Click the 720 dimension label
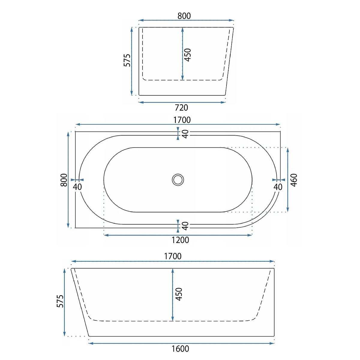coord(181,108)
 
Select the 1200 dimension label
coord(180,240)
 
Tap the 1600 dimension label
coord(180,349)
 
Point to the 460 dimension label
coord(294,180)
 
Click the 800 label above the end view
coord(184,16)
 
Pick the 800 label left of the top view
coord(64,180)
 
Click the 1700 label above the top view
coord(182,120)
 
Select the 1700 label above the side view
coord(173,256)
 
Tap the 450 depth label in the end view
coord(188,55)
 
